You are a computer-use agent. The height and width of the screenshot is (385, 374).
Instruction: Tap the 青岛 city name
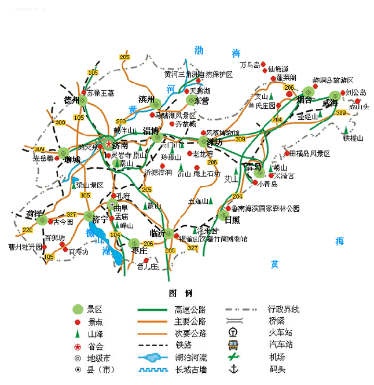point(253,167)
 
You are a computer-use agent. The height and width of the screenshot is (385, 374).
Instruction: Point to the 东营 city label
point(200,100)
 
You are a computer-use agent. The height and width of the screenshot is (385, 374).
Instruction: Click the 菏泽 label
point(35,215)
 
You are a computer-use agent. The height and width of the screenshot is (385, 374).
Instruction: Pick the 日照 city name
point(232,219)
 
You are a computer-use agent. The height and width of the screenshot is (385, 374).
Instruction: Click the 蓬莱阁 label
point(286,77)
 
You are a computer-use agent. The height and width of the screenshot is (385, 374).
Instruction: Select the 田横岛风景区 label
point(309,153)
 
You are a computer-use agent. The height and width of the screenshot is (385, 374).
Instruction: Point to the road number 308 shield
point(60,123)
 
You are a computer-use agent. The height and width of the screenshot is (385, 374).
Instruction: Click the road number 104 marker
point(115,234)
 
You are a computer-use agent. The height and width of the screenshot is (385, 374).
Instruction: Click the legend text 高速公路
point(190,310)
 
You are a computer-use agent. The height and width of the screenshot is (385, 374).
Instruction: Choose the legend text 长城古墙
point(190,369)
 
